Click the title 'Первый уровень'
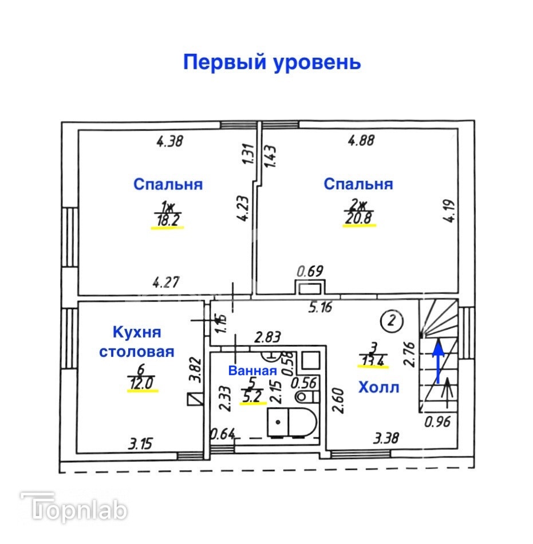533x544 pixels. pyautogui.click(x=271, y=62)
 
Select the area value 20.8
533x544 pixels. pyautogui.click(x=359, y=220)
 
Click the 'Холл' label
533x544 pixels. pyautogui.click(x=378, y=387)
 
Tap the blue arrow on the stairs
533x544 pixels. pyautogui.click(x=439, y=360)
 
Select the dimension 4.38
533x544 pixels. pyautogui.click(x=169, y=141)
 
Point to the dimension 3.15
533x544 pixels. pyautogui.click(x=141, y=443)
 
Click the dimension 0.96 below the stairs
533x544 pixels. pyautogui.click(x=437, y=423)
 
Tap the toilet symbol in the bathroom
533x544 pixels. pyautogui.click(x=303, y=397)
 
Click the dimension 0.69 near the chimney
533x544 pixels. pyautogui.click(x=309, y=269)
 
